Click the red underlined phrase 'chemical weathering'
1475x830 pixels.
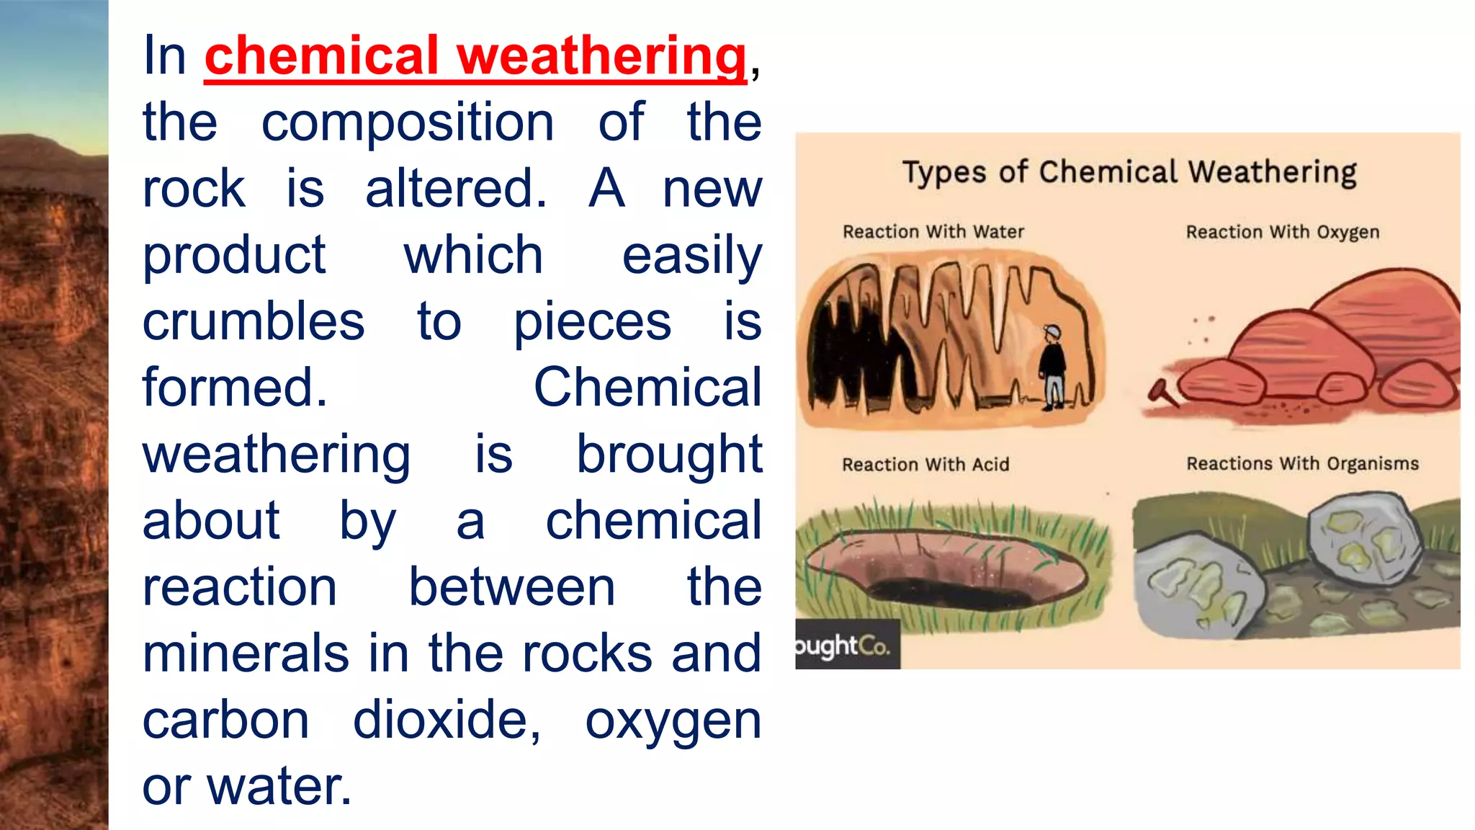[x=475, y=56]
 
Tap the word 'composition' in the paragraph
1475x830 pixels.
[x=408, y=122]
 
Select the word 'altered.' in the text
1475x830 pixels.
[x=456, y=189]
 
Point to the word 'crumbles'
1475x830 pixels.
[x=254, y=321]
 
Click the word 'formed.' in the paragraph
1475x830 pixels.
[x=235, y=388]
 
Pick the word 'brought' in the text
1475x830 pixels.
[x=669, y=455]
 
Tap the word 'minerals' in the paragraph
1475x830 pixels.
[x=246, y=653]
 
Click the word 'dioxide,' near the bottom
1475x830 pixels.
[x=447, y=720]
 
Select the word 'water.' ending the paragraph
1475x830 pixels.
[x=279, y=786]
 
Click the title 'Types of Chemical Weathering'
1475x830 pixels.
[x=1129, y=173]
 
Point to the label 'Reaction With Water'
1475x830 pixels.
[x=933, y=232]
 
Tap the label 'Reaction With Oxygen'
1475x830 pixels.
[x=1283, y=232]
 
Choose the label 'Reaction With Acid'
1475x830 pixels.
[x=925, y=465]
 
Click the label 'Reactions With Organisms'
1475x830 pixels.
[x=1302, y=463]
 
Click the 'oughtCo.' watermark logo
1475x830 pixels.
[x=844, y=646]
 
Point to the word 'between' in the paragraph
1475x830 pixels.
[x=512, y=587]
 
